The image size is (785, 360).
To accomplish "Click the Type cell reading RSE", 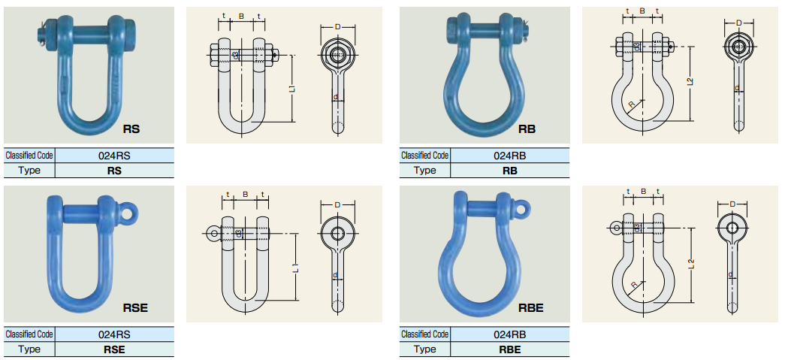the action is pos(115,349).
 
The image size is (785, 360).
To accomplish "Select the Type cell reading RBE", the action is pos(510,349).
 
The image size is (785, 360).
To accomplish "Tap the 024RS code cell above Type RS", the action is pos(115,156).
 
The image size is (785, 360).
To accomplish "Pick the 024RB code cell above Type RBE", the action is pos(510,334).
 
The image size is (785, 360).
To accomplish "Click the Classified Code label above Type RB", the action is pos(424,156).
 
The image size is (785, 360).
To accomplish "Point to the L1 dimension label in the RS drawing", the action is pos(293,88).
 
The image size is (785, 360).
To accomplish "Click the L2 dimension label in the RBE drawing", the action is pos(692,265).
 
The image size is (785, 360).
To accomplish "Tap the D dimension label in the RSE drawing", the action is pos(337,204).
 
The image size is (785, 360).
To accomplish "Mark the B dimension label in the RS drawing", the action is pos(241,17).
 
